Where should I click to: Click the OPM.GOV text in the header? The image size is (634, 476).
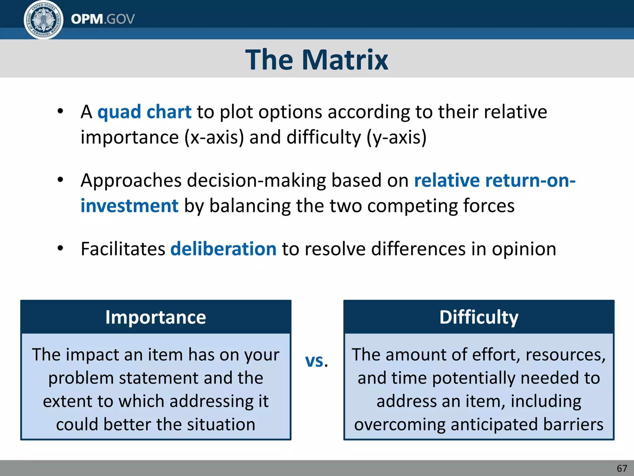[x=103, y=19]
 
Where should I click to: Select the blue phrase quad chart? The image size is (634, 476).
[x=144, y=112]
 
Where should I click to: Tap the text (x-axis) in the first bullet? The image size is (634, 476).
[x=214, y=137]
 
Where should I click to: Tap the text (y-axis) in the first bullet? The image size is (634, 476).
[x=397, y=137]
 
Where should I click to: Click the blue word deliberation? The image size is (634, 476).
[x=223, y=249]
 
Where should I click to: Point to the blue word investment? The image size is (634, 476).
[x=129, y=206]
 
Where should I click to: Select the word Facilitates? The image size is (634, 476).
[x=123, y=249]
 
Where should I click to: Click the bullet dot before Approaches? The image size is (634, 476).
[x=60, y=179]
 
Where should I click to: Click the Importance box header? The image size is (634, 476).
[x=156, y=317]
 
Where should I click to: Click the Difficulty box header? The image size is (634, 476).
[x=479, y=317]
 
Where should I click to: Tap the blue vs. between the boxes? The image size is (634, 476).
[x=316, y=361]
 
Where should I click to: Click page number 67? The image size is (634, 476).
[x=622, y=468]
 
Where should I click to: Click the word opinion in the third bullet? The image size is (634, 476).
[x=524, y=249]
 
